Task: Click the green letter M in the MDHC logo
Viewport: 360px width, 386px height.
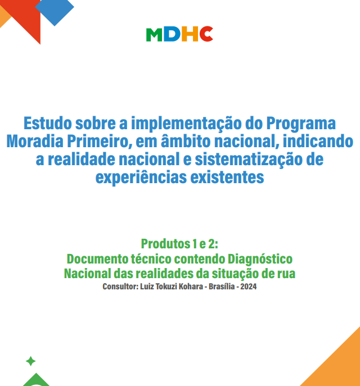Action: [154, 34]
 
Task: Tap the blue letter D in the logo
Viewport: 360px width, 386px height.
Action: [172, 34]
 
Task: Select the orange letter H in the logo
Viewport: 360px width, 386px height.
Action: [190, 34]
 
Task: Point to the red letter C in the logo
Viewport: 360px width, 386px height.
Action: [206, 34]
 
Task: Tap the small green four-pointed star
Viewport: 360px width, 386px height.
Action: [31, 361]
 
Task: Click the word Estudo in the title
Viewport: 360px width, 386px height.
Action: [48, 123]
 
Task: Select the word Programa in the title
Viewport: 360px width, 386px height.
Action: [301, 124]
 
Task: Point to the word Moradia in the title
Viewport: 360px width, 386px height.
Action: [35, 141]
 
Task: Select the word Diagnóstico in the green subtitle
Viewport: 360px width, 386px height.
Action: [260, 260]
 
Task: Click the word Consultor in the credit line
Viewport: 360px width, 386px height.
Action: [120, 287]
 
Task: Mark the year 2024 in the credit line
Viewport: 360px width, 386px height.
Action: [249, 287]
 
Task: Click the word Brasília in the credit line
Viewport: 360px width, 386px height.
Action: [222, 287]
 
